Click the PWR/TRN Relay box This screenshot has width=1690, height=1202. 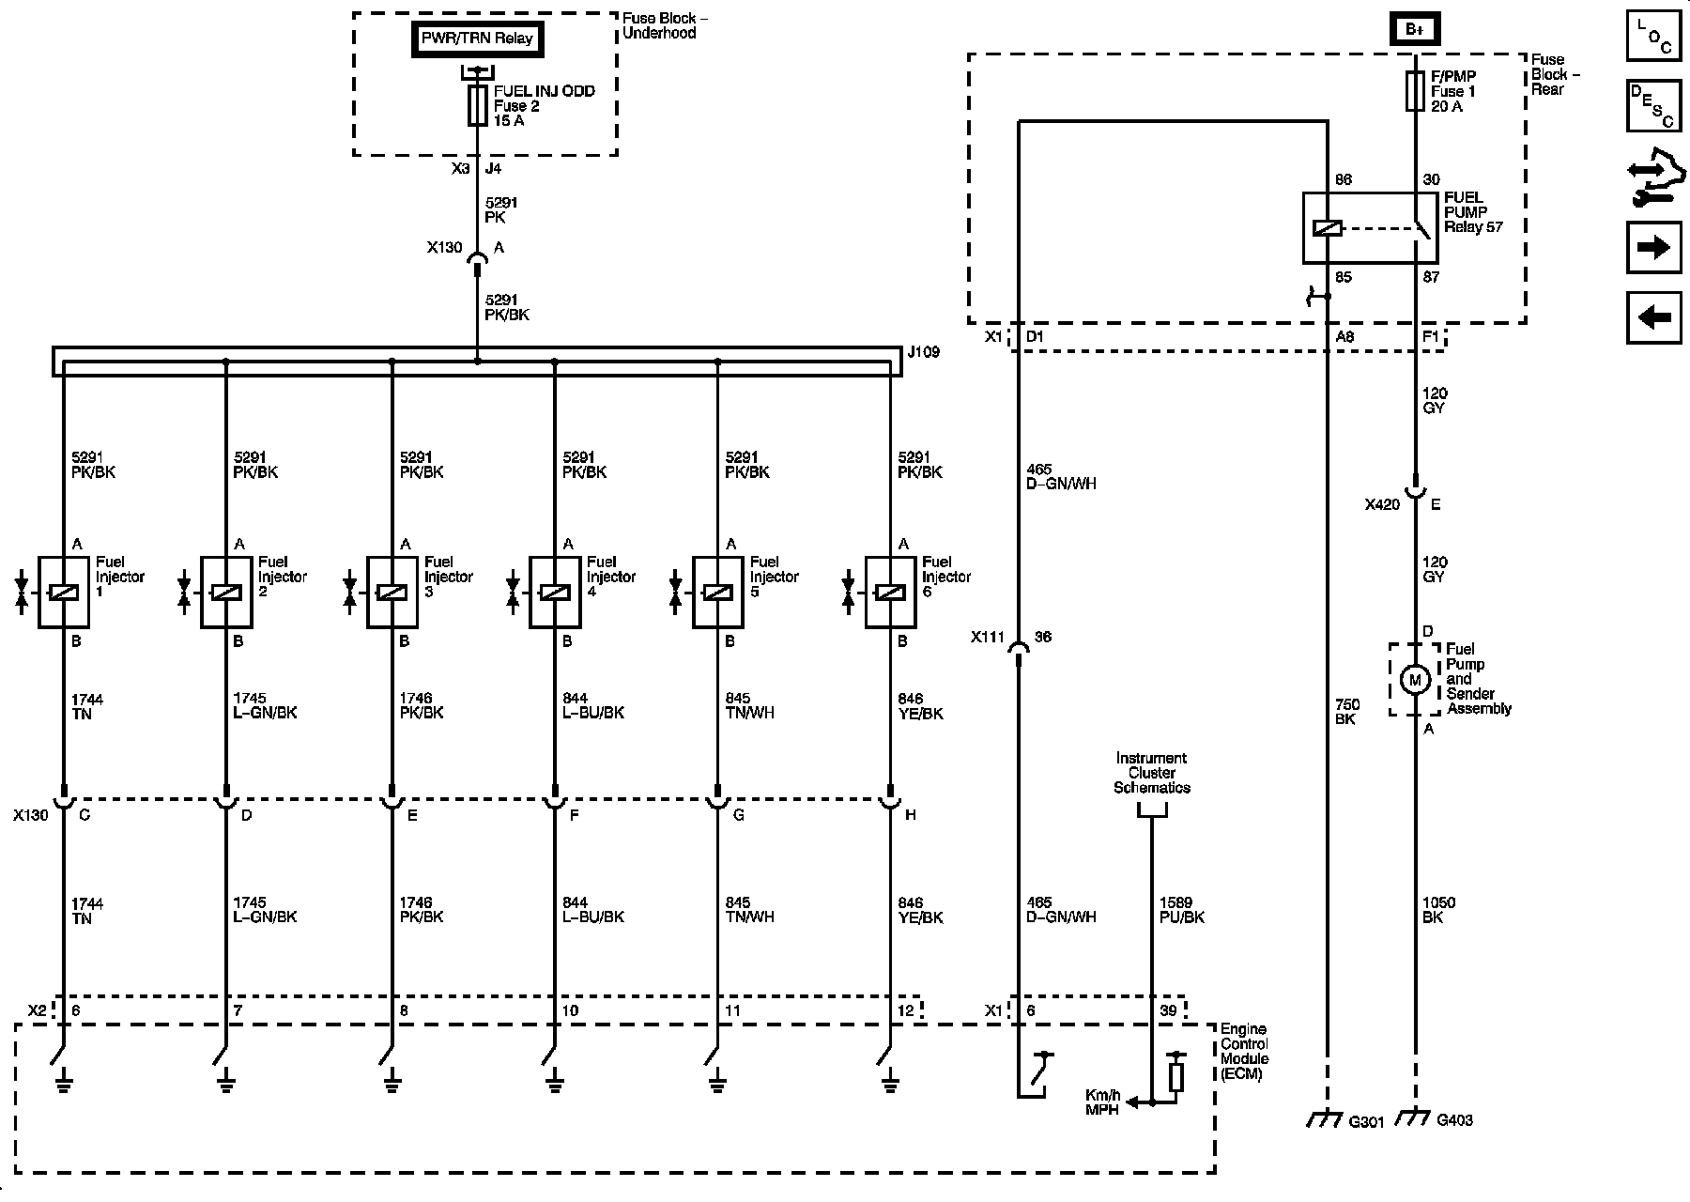tap(477, 39)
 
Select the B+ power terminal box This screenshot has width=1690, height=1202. tap(1414, 29)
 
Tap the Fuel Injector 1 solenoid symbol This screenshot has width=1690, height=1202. tap(64, 593)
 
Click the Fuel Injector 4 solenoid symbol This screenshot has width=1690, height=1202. tap(555, 593)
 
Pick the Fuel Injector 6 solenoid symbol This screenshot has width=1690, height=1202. tap(890, 593)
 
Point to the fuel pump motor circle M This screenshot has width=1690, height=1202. tap(1414, 680)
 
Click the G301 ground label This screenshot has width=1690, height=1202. tap(1366, 1121)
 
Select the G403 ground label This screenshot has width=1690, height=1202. tap(1455, 1119)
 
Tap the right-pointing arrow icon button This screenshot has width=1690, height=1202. tap(1653, 248)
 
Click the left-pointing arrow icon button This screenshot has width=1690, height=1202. tap(1653, 317)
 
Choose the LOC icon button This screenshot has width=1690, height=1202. tap(1653, 37)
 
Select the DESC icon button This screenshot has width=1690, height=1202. tap(1653, 105)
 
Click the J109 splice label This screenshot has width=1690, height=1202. tap(923, 352)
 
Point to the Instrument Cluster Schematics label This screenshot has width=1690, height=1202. tap(1151, 773)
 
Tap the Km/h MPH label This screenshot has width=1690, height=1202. tap(1102, 1102)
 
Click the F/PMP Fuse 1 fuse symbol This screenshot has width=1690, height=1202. tap(1414, 91)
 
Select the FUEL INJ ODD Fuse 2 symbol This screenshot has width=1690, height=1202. tap(477, 105)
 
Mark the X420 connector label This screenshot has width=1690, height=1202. tap(1382, 504)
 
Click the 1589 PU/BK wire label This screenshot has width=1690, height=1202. tap(1182, 910)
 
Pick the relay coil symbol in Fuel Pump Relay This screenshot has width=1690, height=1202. tap(1327, 228)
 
